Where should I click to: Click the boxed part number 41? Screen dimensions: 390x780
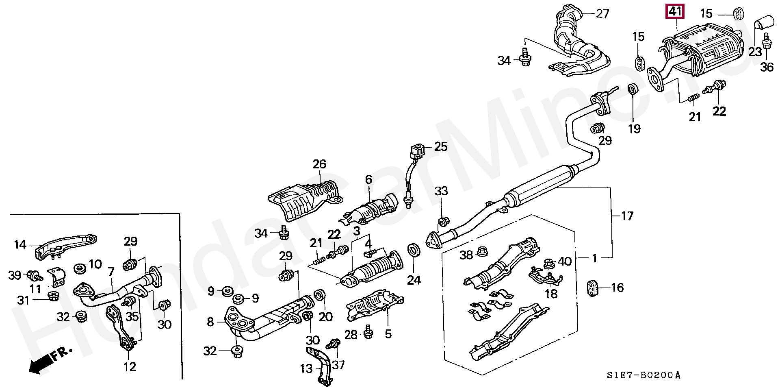click(x=675, y=12)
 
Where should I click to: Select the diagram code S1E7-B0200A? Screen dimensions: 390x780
click(x=643, y=375)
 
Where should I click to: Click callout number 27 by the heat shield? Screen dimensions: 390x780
click(x=603, y=13)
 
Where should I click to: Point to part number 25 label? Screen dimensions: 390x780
click(x=441, y=146)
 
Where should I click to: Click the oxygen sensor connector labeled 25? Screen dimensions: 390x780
click(x=417, y=151)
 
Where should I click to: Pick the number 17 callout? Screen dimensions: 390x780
click(x=627, y=216)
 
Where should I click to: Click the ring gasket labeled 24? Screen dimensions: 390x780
click(x=414, y=251)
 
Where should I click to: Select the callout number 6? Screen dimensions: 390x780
click(x=368, y=179)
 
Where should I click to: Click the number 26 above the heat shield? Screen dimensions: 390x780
click(x=319, y=164)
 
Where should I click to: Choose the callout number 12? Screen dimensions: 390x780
click(x=130, y=366)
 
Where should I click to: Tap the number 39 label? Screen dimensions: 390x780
click(x=15, y=275)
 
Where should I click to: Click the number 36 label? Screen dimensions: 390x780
click(x=767, y=67)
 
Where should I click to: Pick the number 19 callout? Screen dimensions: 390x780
click(x=634, y=129)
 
